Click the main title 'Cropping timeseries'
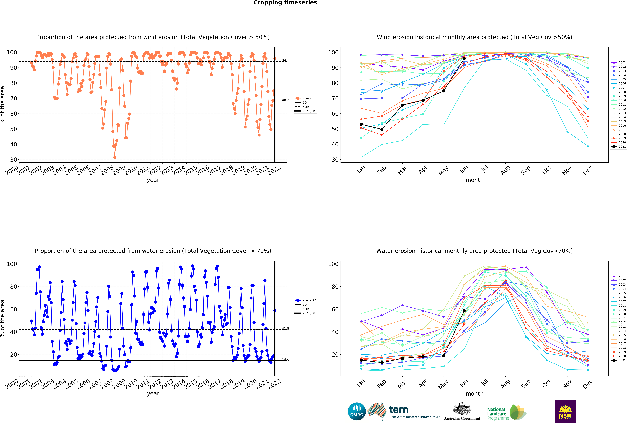[x=285, y=3]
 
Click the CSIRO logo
[x=357, y=412]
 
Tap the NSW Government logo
[x=565, y=411]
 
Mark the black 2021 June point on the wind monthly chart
[x=464, y=58]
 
